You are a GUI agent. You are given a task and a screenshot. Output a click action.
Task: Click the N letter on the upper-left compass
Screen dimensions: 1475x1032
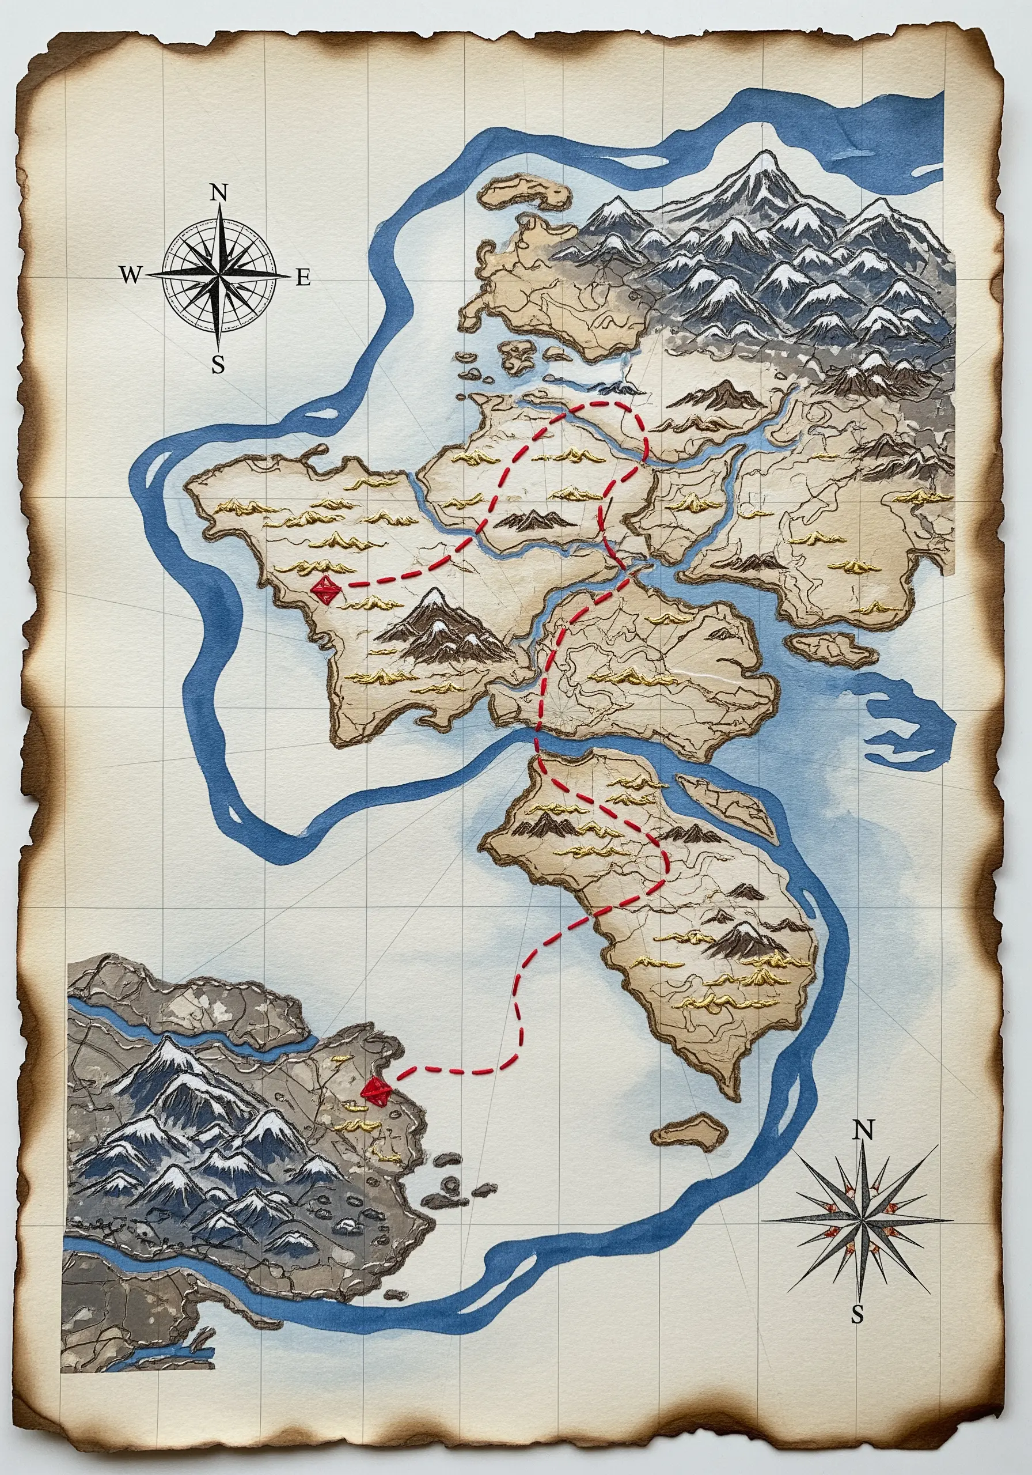219,192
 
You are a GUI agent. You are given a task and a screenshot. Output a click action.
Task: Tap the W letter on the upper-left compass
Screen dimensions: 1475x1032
130,275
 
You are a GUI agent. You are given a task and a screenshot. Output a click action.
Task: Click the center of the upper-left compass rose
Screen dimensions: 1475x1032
219,275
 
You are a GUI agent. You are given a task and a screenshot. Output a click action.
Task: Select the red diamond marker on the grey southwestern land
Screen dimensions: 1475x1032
375,1090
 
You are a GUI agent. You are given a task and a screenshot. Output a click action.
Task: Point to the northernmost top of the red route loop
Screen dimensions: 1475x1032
613,404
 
